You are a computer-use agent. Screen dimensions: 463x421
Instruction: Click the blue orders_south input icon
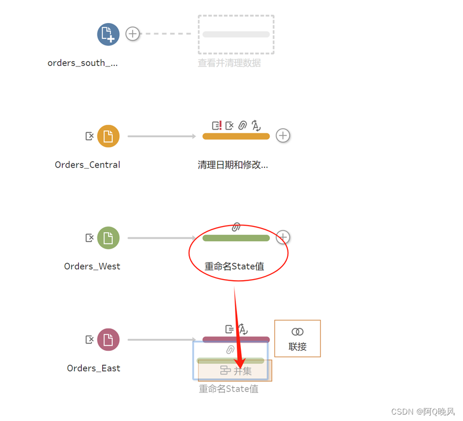point(108,34)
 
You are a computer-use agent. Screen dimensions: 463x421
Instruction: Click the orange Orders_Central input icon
point(108,136)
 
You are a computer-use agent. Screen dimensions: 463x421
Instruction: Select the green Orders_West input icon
point(108,238)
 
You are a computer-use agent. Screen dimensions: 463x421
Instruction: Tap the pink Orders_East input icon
point(108,340)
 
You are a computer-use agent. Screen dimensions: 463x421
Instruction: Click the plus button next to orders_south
point(132,34)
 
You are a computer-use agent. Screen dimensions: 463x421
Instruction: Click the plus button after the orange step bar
point(283,136)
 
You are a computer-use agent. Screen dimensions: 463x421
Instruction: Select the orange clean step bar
point(236,136)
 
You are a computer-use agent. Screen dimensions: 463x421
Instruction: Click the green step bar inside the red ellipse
point(236,238)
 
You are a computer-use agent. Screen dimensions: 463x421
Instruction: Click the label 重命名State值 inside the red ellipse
point(234,266)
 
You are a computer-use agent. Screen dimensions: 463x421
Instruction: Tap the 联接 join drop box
point(298,339)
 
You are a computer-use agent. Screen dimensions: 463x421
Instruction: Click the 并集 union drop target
point(236,371)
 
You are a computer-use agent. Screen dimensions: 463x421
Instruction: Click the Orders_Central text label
point(87,165)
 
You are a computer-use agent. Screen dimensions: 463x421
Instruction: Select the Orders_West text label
point(92,266)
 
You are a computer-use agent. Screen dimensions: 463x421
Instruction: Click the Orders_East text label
point(94,368)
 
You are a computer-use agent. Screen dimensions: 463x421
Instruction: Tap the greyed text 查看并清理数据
point(229,63)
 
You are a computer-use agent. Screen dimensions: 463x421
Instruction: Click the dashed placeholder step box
point(236,34)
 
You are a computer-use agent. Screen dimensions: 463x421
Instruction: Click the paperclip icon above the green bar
point(236,227)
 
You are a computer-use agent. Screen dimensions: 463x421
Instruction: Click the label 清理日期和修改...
point(233,165)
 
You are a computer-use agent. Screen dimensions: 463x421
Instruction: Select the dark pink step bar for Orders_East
point(236,339)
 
